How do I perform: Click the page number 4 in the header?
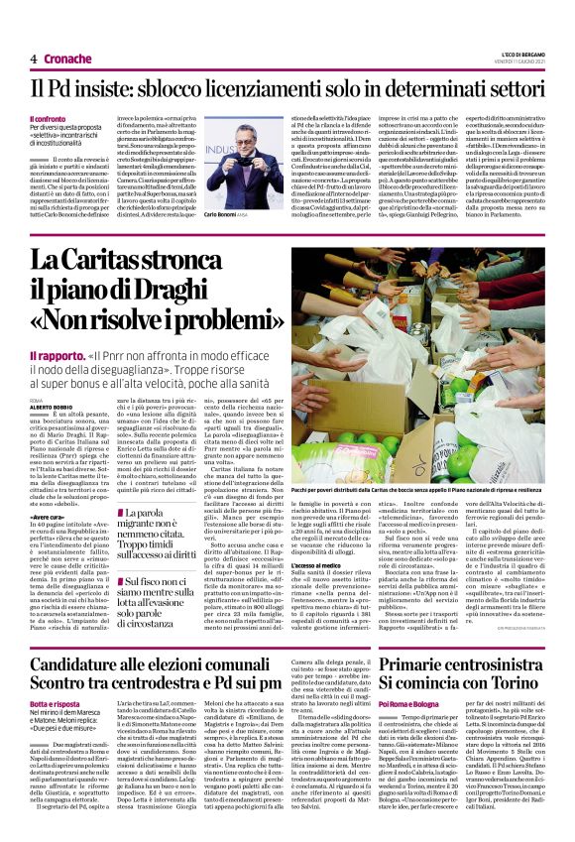click(33, 59)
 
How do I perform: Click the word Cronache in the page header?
click(66, 59)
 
